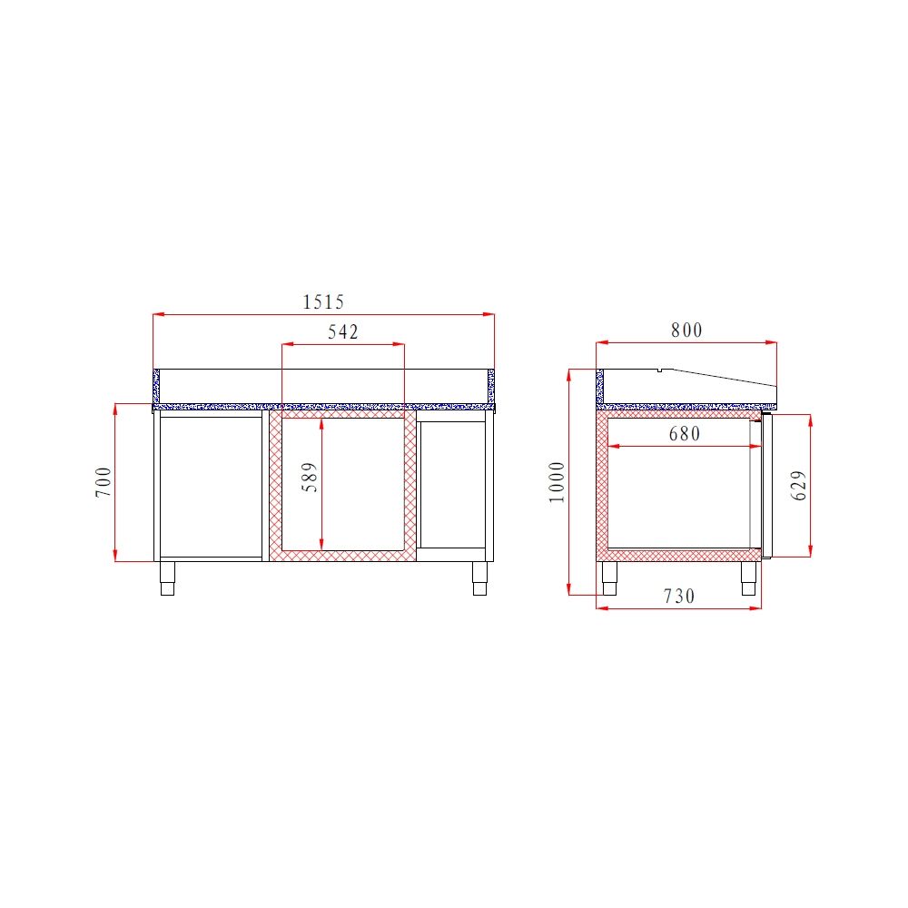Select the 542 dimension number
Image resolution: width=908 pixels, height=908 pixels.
343,332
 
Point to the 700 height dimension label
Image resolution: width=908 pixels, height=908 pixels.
104,481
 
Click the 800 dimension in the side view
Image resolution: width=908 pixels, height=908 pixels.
686,331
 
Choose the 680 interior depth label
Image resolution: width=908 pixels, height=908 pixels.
685,434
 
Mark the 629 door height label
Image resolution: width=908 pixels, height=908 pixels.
799,485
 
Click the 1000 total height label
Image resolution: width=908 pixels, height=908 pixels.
557,481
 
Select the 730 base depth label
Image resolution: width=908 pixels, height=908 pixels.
679,597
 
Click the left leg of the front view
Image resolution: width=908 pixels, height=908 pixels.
167,578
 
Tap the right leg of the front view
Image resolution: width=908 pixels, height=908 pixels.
479,578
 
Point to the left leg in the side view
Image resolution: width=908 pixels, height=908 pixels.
609,578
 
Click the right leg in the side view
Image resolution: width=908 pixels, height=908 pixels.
749,578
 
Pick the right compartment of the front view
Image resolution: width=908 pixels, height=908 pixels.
452,484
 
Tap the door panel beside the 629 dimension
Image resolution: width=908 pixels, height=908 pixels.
765,485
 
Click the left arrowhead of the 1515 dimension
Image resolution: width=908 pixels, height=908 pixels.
157,315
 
